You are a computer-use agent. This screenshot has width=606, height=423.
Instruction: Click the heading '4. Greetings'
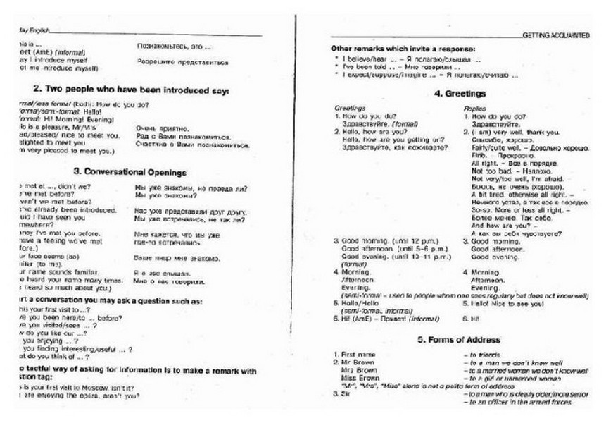[460, 93]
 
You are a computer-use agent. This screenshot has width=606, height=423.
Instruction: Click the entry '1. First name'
[355, 352]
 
